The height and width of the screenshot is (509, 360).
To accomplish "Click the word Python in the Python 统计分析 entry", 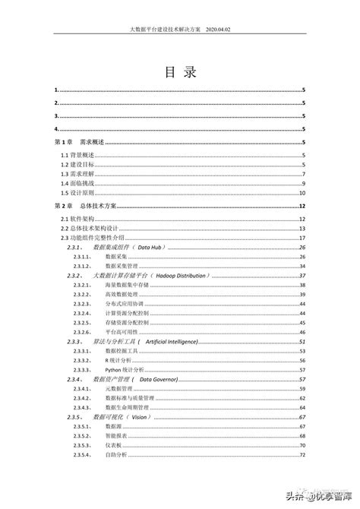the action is tap(112, 369).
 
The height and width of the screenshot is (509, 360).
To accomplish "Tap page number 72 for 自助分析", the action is tap(302, 454).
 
